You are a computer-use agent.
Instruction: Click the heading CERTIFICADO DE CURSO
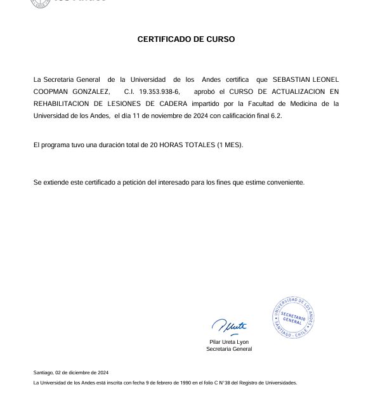186,39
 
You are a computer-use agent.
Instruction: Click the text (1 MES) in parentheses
230,145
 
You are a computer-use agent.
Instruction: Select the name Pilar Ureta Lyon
229,342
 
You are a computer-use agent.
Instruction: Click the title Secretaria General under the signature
229,349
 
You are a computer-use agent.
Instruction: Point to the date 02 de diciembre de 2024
82,372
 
